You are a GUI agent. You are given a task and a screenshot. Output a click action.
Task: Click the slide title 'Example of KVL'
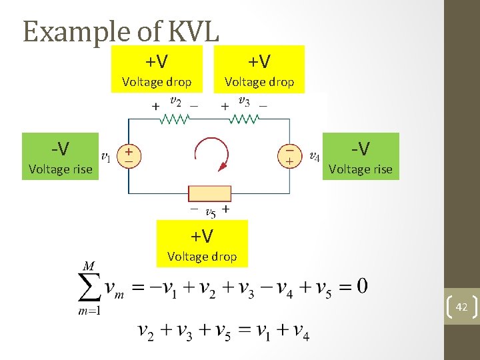(121, 31)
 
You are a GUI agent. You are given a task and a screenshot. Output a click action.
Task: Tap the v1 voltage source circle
(129, 156)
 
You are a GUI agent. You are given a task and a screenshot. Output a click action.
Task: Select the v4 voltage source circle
(290, 156)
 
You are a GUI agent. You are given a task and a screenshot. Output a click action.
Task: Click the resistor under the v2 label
(175, 119)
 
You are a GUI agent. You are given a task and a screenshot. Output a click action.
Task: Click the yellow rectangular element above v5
(209, 193)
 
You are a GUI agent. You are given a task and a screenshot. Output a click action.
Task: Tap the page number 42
(461, 307)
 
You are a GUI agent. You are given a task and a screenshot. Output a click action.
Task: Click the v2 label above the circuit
(175, 101)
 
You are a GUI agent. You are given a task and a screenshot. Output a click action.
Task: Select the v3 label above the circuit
(244, 101)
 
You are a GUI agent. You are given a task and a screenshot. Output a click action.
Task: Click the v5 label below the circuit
(210, 213)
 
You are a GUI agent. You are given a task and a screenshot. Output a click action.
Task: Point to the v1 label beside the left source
(105, 157)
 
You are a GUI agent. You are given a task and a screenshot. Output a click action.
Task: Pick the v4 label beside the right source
(315, 157)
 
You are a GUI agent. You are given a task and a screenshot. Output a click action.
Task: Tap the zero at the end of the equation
(361, 287)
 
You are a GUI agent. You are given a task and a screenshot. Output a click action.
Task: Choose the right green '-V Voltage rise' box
(361, 157)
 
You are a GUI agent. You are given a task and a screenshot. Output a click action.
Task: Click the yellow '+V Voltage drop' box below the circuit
(202, 244)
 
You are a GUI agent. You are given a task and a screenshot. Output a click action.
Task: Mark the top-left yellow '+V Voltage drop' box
(157, 69)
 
